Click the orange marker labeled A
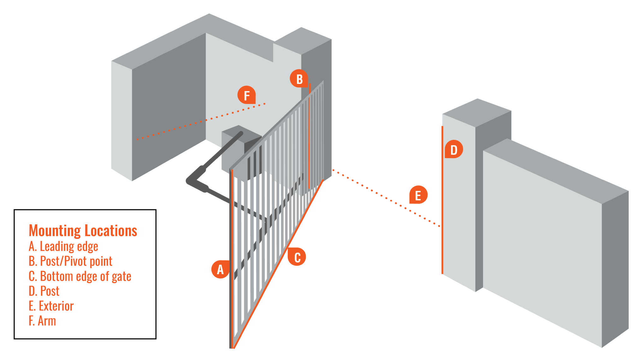(x=220, y=270)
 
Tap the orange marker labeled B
(x=299, y=79)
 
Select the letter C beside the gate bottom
(x=297, y=258)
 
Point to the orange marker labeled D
(x=454, y=150)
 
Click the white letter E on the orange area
(x=418, y=196)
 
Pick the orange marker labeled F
(x=247, y=95)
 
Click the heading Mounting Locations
(x=83, y=231)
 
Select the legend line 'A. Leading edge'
(x=63, y=246)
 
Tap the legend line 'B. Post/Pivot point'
(x=70, y=261)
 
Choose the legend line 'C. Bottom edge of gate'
(x=80, y=276)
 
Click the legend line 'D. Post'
(x=44, y=291)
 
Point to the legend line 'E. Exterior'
(x=51, y=306)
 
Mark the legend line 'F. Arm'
(x=42, y=321)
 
